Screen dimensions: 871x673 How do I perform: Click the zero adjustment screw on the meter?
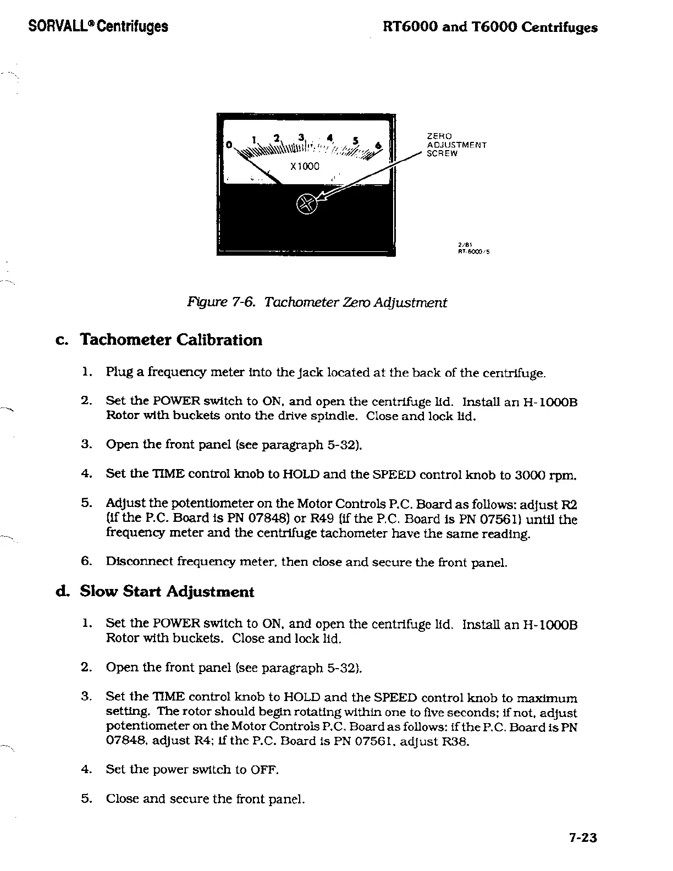pos(307,204)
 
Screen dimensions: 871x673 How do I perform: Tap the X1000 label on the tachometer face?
pos(304,166)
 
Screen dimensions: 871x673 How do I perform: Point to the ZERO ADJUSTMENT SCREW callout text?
pos(456,145)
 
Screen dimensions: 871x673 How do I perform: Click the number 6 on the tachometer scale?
pos(378,145)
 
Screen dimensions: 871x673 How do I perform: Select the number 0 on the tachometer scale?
pos(229,145)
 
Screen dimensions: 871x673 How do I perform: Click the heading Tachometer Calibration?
pos(171,340)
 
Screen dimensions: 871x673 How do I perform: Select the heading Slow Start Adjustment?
pos(167,592)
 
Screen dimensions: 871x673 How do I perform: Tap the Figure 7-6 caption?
pos(317,302)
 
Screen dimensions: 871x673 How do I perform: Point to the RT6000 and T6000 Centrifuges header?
pos(490,27)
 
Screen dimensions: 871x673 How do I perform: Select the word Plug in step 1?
pos(117,373)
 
